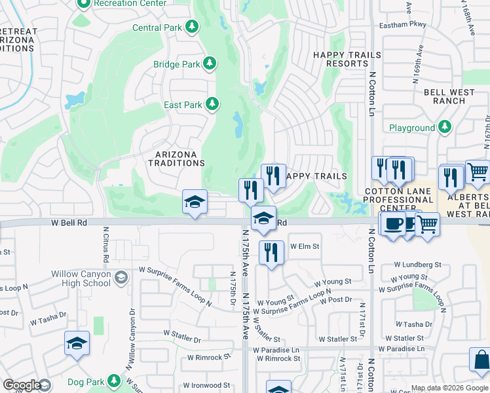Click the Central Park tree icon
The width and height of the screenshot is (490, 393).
coord(192,27)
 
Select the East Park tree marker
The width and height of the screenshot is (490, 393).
coord(212,104)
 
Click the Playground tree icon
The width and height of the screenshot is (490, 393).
coord(445,127)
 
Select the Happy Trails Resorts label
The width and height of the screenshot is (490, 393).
coord(341,59)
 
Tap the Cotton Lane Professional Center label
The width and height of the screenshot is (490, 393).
coord(399,200)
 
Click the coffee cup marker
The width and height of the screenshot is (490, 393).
coord(392,224)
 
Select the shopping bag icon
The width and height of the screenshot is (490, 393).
coord(481,361)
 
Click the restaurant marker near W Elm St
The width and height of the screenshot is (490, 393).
coord(271,252)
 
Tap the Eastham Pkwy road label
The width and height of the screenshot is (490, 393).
coord(402,26)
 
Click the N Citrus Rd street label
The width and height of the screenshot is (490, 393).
coord(105,242)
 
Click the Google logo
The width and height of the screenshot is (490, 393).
coord(22,384)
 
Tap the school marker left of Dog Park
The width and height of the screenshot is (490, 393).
coord(77,343)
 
